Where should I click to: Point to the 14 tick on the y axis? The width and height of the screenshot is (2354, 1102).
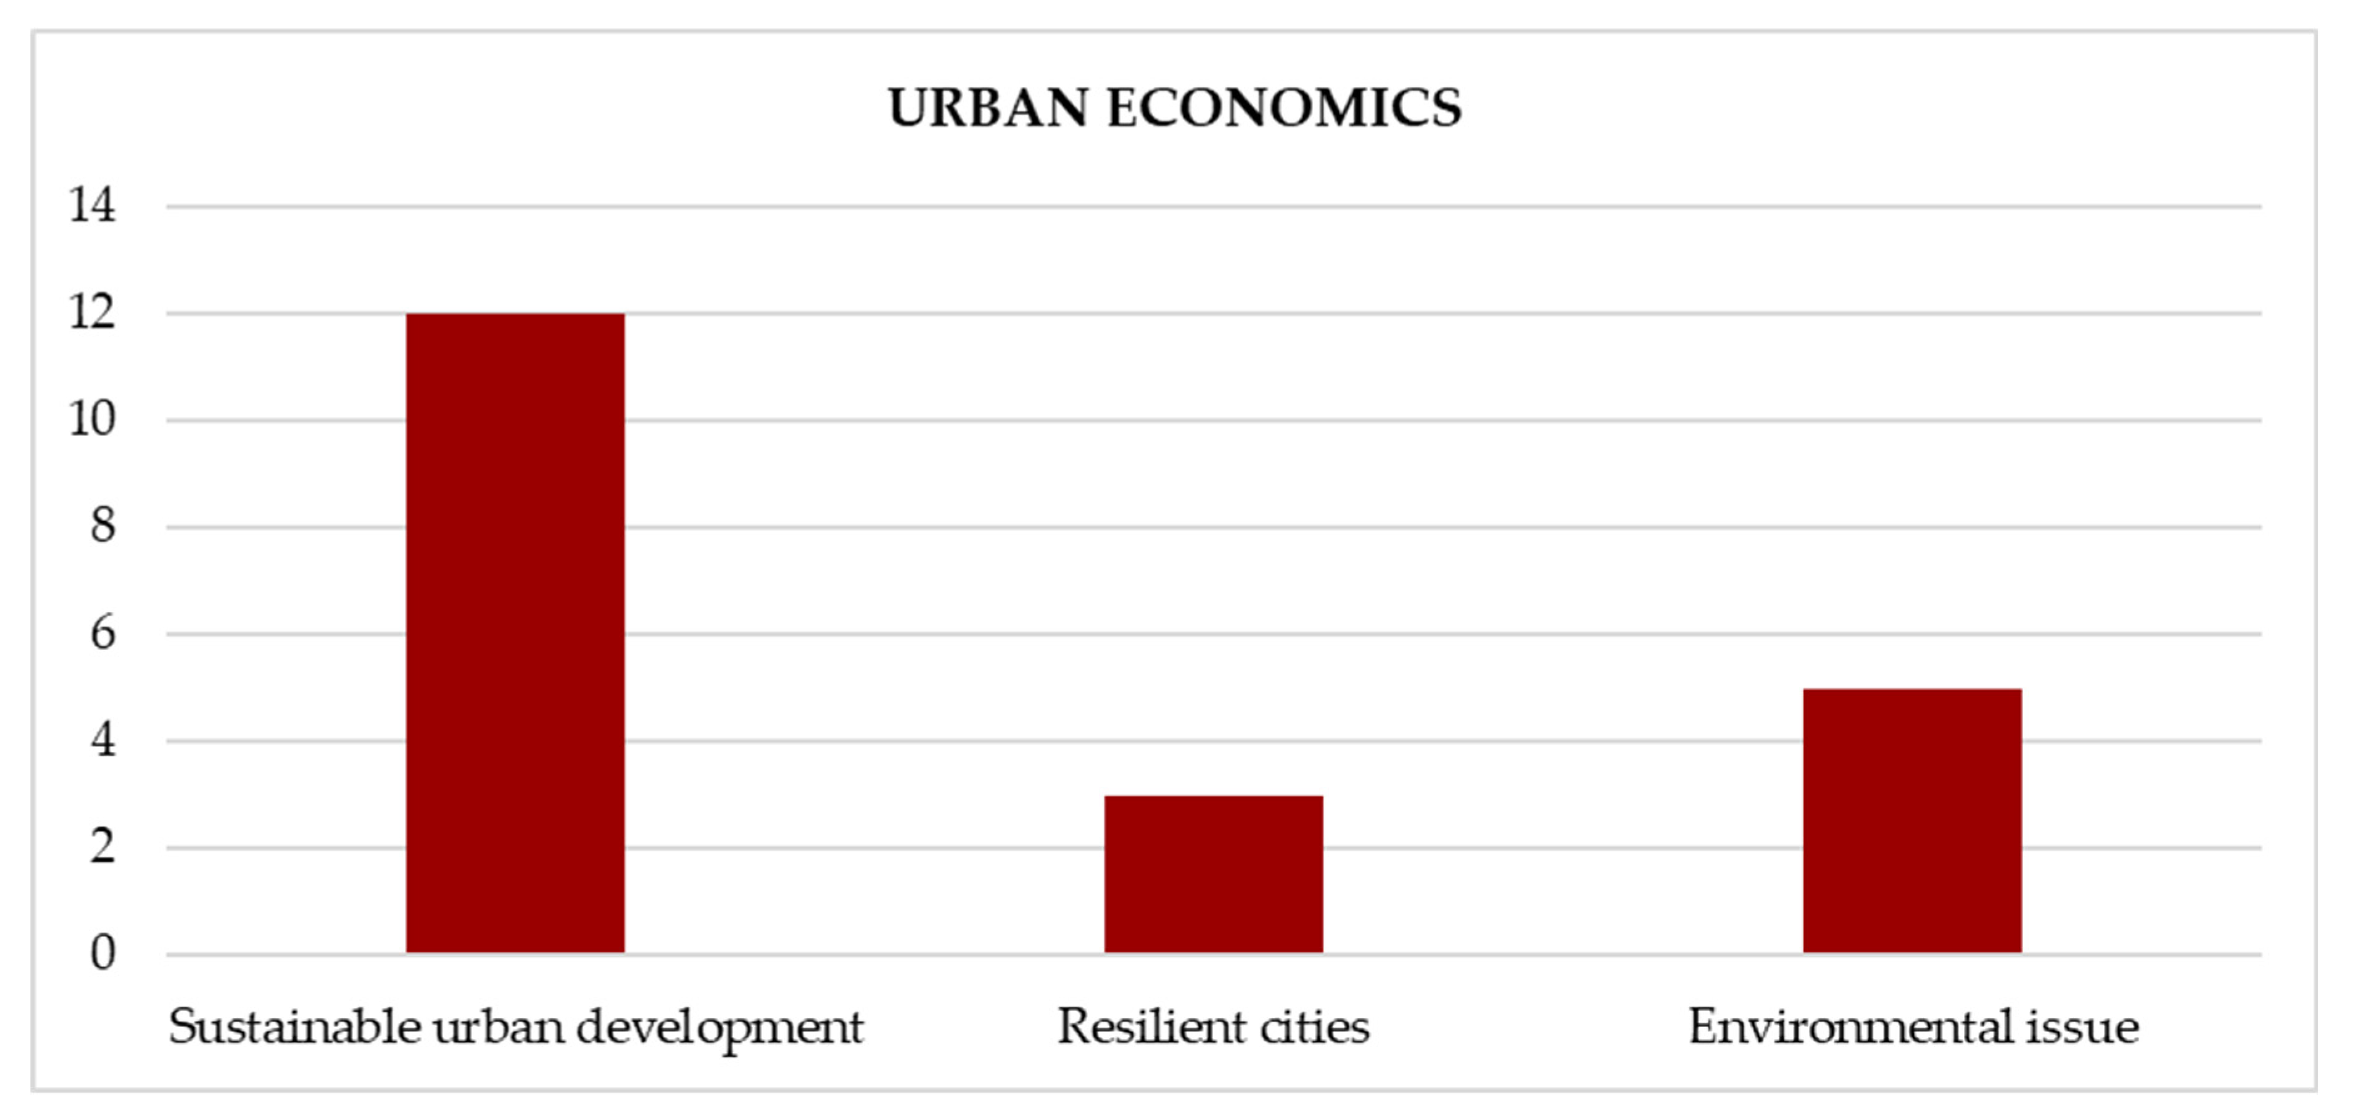pyautogui.click(x=92, y=205)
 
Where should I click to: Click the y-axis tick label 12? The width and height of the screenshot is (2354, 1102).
pyautogui.click(x=92, y=312)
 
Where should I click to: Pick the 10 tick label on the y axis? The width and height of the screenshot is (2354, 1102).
pyautogui.click(x=92, y=419)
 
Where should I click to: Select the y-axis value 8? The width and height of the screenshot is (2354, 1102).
pyautogui.click(x=102, y=527)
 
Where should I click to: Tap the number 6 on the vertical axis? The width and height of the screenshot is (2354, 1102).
pyautogui.click(x=102, y=633)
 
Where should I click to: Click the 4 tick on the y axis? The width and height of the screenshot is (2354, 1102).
pyautogui.click(x=102, y=740)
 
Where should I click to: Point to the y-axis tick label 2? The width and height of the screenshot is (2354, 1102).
pyautogui.click(x=102, y=847)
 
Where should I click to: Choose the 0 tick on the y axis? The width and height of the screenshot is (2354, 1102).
pyautogui.click(x=102, y=953)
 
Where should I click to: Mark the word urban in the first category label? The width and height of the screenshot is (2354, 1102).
pyautogui.click(x=498, y=1026)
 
